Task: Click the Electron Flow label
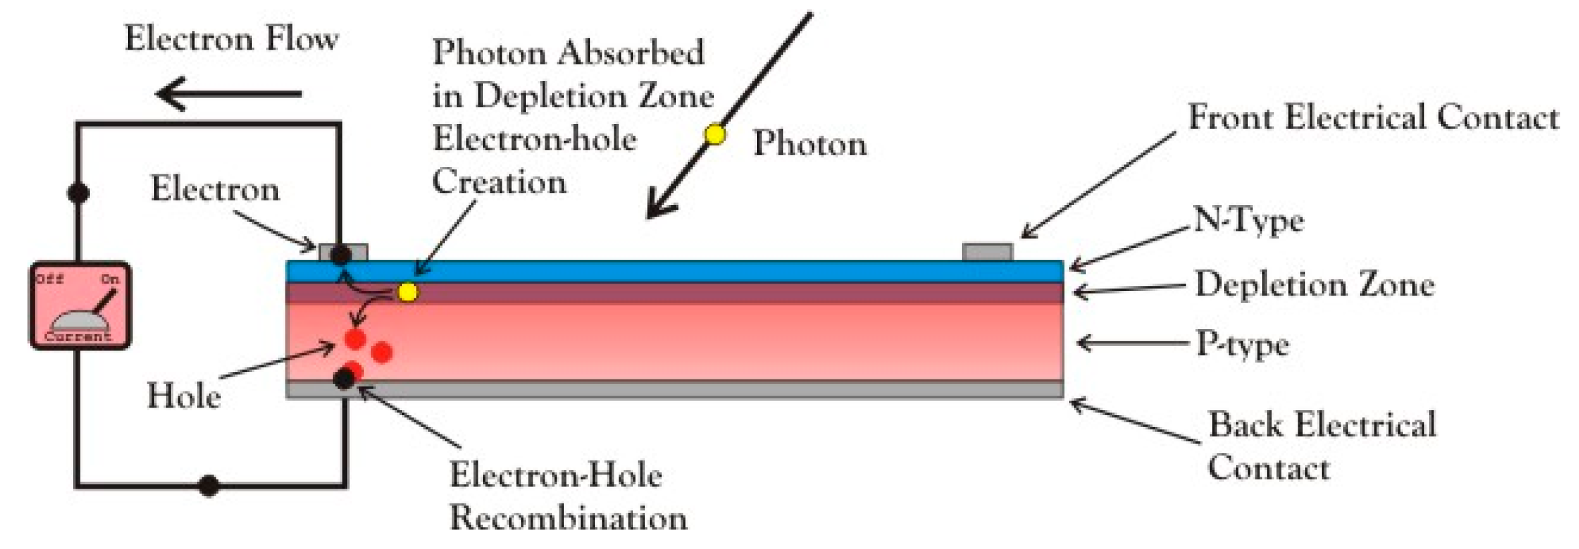point(231,39)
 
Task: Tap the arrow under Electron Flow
point(228,93)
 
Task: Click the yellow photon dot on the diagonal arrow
point(715,135)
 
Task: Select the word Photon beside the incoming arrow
point(809,143)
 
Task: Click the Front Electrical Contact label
point(1373,118)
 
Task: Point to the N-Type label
point(1249,221)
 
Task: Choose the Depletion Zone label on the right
point(1314,285)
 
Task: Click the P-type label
point(1243,345)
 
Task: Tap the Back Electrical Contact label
point(1321,445)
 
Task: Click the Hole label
point(184,395)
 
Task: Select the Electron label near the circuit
point(214,189)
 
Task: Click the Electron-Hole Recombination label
point(568,496)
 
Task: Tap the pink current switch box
point(80,306)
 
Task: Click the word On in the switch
point(110,279)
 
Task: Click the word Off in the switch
point(50,278)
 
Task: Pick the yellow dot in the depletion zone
point(408,292)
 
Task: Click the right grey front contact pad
point(987,253)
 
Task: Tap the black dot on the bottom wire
point(209,485)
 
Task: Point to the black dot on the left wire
point(78,193)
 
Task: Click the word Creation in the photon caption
point(499,182)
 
